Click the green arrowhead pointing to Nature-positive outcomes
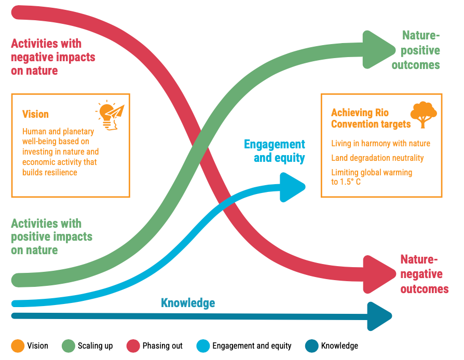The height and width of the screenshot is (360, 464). [377, 50]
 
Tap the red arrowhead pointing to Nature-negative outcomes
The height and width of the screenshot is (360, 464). [378, 274]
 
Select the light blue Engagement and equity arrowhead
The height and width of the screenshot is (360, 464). [292, 187]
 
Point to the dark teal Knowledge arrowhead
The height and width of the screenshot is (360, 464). [378, 316]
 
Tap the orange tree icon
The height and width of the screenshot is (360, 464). [424, 115]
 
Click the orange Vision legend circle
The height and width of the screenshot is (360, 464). [18, 346]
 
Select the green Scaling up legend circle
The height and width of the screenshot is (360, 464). [69, 346]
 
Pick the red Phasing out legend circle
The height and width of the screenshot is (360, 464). [133, 346]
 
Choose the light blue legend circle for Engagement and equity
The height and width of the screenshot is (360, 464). [203, 346]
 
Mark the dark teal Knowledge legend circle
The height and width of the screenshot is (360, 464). [311, 346]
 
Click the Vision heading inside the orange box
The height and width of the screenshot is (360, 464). [35, 114]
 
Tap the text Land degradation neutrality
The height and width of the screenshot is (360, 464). [377, 158]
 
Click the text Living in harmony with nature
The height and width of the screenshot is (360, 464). [380, 144]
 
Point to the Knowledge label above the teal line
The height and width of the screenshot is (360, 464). [188, 303]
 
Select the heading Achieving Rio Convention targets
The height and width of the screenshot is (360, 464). [371, 118]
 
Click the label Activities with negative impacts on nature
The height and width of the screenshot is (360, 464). [53, 57]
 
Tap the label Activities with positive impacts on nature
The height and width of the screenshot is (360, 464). [52, 237]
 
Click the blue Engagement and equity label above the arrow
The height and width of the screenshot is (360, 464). [275, 151]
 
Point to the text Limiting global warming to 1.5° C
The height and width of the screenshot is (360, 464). [372, 177]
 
